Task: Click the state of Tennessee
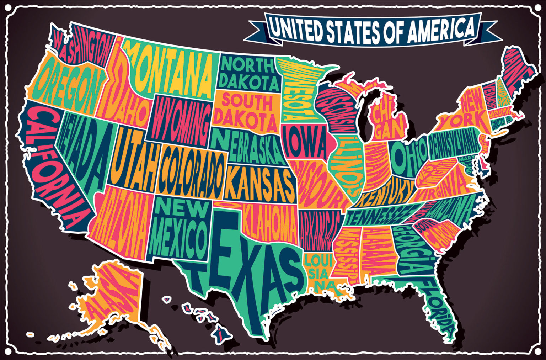[x=377, y=213]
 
